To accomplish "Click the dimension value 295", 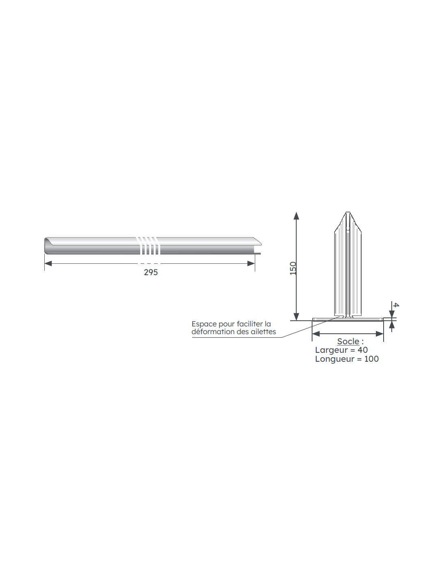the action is [151, 272].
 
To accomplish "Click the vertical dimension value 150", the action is [293, 268].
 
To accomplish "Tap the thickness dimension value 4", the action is [396, 305].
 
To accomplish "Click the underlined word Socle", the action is [348, 341].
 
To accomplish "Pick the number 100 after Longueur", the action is [371, 359].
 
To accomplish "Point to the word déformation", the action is [212, 332].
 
